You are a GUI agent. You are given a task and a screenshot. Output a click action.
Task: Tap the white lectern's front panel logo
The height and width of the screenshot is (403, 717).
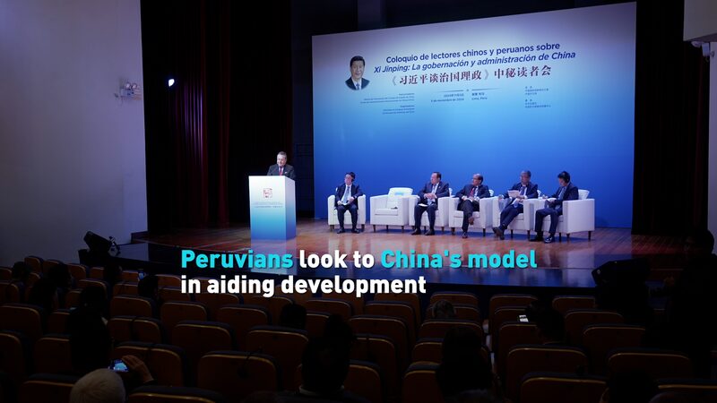click(x=267, y=193)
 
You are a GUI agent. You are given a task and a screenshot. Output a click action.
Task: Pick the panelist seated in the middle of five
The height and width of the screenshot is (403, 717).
click(x=473, y=201)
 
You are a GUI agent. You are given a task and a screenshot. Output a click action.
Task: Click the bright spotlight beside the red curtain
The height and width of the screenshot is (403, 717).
click(x=170, y=82)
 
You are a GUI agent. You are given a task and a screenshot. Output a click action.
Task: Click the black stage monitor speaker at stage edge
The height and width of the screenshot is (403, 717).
click(x=97, y=243)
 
